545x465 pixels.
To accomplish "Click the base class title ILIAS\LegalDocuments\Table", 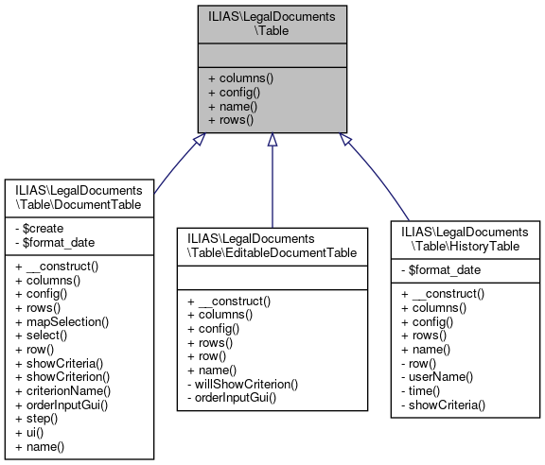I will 272,24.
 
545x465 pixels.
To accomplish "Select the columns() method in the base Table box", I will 239,77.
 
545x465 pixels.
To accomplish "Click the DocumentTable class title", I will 79,197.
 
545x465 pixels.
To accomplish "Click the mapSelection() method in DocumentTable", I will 62,322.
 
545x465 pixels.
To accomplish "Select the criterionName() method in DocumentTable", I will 63,390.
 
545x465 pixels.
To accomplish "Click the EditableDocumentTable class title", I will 272,246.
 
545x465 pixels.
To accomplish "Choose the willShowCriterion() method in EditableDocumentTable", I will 244,384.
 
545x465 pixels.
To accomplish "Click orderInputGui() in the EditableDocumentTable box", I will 236,398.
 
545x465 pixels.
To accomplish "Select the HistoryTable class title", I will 466,239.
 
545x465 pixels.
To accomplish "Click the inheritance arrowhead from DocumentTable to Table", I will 199,139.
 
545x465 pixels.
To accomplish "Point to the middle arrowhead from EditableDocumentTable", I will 272,140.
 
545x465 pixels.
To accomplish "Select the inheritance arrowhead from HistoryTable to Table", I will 344,139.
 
